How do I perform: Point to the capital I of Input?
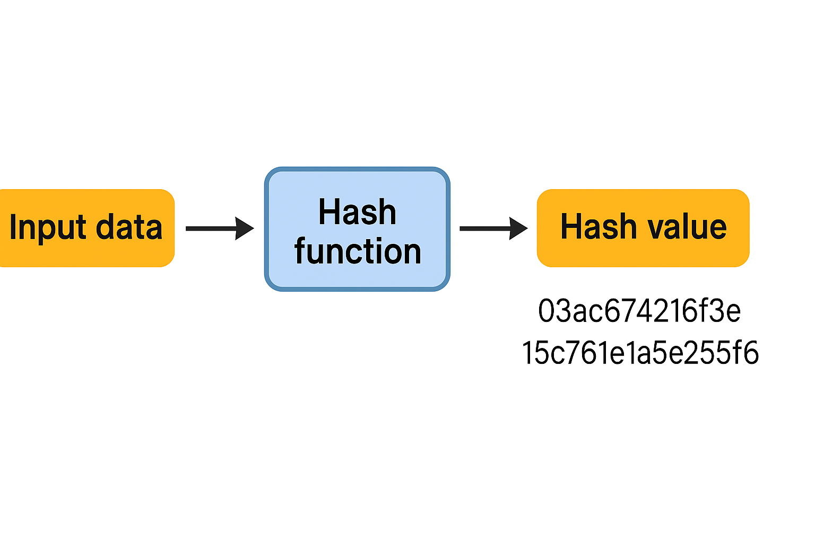(13, 227)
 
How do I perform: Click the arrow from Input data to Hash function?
(212, 228)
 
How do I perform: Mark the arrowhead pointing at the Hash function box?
(245, 228)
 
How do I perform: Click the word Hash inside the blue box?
(357, 212)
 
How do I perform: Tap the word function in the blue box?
(358, 251)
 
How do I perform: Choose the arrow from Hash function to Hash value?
(485, 228)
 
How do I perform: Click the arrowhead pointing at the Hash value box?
(518, 228)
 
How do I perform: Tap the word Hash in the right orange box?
(599, 227)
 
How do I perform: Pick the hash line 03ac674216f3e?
(639, 311)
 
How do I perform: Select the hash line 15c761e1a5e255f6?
(640, 353)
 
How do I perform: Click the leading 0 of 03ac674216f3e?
(547, 311)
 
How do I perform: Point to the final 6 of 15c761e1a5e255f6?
(751, 353)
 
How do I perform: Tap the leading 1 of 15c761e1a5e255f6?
(528, 353)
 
